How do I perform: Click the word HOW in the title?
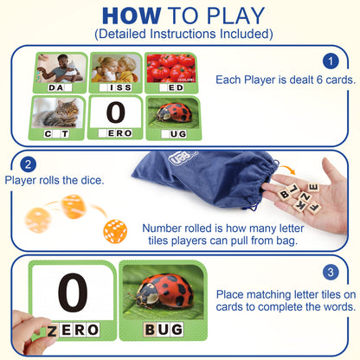pos(132,16)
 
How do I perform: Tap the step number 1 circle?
pos(331,61)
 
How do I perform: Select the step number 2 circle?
pos(28,164)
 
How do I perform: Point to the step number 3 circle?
pos(331,272)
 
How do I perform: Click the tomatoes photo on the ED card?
pos(171,68)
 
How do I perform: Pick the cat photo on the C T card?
pos(58,112)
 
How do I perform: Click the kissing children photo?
pos(116,68)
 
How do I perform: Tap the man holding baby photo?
pos(61,68)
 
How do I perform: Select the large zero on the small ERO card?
pos(116,112)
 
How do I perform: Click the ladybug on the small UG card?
pos(174,113)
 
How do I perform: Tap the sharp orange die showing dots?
pos(115,231)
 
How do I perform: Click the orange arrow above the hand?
pos(287,170)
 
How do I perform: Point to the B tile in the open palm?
pos(285,195)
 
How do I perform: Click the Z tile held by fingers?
pos(52,331)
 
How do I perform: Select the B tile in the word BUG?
pos(151,330)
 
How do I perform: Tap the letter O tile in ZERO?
pos(93,330)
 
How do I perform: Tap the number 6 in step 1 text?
pos(319,80)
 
